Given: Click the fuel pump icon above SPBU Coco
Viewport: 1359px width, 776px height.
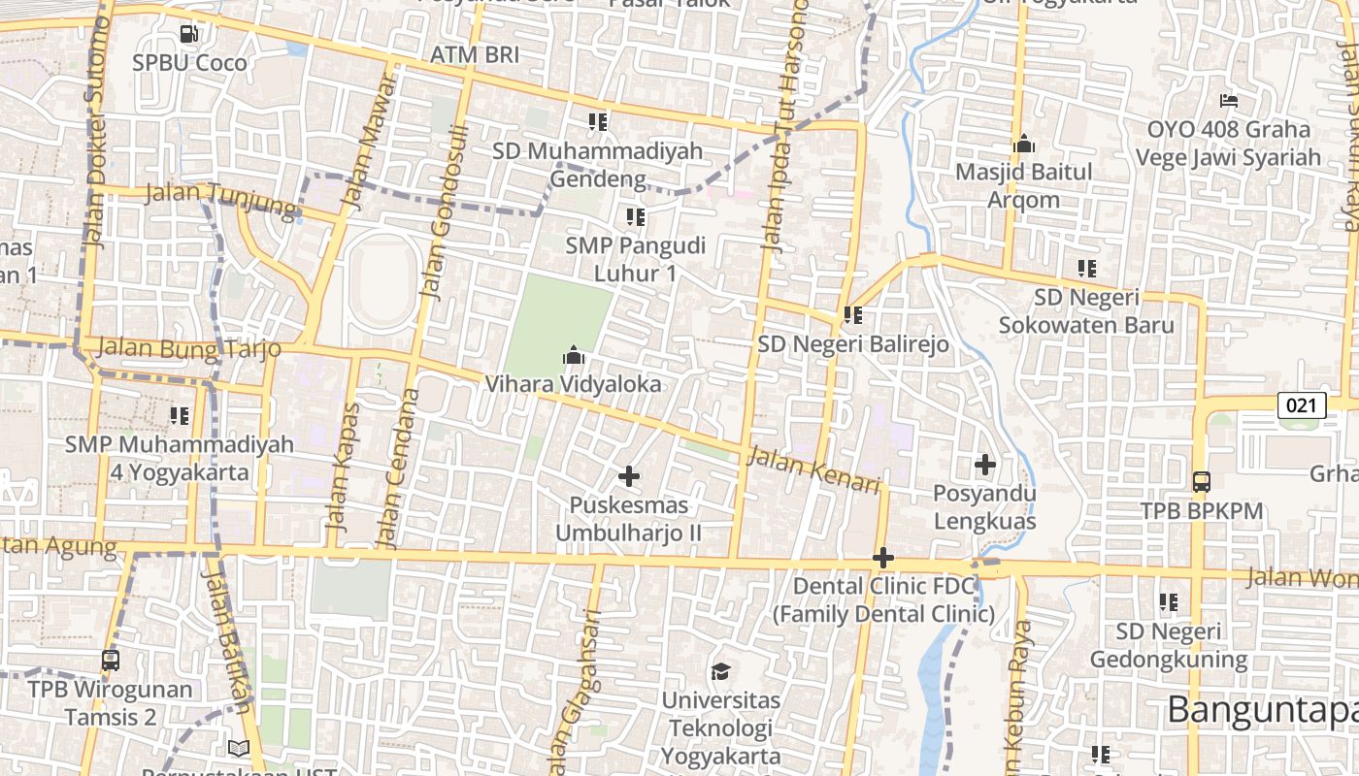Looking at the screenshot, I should coord(189,34).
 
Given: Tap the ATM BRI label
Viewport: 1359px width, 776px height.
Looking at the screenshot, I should coord(475,55).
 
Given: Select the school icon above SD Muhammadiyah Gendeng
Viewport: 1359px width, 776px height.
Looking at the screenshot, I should coord(598,122).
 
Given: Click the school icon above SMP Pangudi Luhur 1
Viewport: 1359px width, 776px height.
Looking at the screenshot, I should coord(636,217).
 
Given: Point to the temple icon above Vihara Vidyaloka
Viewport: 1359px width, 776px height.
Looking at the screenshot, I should coord(574,356).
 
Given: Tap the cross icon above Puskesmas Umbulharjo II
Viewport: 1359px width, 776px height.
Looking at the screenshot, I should coord(629,476).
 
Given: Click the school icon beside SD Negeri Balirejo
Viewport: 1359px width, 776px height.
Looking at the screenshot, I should coord(853,315).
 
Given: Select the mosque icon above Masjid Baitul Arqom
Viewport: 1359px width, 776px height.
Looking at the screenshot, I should coord(1024,145).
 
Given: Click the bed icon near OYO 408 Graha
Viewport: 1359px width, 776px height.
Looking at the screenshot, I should coord(1228,101).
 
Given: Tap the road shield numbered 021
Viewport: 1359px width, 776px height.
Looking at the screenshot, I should coord(1301,405).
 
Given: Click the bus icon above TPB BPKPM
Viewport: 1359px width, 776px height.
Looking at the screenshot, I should coord(1201,482).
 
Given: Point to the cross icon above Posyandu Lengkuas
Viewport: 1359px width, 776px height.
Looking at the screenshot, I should coord(985,465).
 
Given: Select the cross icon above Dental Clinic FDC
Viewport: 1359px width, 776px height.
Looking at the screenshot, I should coord(883,558).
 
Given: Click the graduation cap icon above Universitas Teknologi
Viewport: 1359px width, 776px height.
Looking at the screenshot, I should coord(720,671).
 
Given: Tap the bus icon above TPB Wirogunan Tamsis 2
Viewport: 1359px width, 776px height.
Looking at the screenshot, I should coord(111,661).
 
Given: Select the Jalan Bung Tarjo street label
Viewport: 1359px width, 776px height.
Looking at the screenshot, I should coord(189,348).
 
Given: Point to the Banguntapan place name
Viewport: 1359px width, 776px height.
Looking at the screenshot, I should coord(1262,710).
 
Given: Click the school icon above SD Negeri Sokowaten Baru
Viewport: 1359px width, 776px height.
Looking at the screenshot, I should coord(1087,269).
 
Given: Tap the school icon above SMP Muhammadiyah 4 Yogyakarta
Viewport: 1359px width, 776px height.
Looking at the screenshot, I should coord(180,416).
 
